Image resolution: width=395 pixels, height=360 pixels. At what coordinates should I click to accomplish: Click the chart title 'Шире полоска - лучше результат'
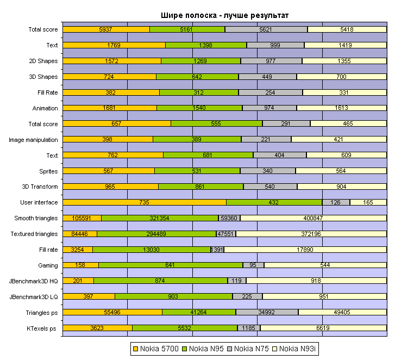coord(224,15)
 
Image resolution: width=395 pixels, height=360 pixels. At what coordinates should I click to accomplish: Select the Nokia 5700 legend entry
coord(157,348)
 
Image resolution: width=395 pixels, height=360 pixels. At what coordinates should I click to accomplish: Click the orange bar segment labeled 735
coord(145,202)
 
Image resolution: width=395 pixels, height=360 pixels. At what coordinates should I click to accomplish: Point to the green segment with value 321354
coord(160,218)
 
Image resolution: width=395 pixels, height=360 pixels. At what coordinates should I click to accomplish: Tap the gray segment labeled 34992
coord(267,312)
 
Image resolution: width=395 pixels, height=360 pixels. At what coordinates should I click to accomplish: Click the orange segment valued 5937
coord(106,29)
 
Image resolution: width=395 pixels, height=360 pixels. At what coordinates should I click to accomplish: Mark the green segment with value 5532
coord(185,328)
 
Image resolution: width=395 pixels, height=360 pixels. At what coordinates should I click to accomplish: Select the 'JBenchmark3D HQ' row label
coord(34,281)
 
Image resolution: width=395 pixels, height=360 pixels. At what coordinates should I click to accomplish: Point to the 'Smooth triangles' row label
coord(36,218)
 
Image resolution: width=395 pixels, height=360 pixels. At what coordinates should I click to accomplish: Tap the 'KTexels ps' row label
coord(42,328)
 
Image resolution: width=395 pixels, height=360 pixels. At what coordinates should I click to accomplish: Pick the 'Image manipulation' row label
coord(34,140)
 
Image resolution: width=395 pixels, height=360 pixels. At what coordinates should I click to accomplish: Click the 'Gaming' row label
coord(48,265)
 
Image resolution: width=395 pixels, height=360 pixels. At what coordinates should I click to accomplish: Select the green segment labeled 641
coord(171,265)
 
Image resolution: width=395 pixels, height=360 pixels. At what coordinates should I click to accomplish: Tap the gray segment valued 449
coord(267,77)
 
